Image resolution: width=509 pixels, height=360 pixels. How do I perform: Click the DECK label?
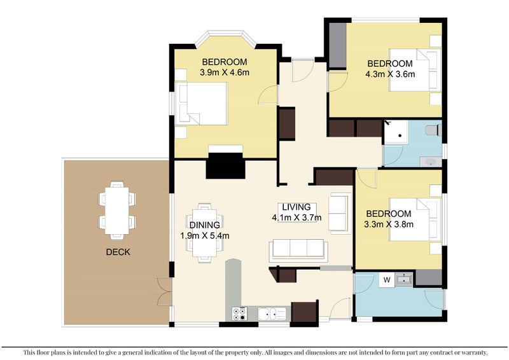click(118, 252)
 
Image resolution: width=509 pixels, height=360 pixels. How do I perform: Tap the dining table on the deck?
click(117, 211)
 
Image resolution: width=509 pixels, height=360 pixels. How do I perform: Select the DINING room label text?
click(204, 225)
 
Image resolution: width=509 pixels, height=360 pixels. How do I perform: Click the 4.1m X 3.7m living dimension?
click(296, 218)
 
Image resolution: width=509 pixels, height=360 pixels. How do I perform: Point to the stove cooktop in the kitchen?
click(240, 314)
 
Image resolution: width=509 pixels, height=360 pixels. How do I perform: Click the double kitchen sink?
click(272, 314)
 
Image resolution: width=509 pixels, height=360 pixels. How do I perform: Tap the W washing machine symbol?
click(387, 280)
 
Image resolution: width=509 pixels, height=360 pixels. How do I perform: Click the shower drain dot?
click(400, 135)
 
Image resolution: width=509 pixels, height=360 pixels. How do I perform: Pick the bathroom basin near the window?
click(431, 162)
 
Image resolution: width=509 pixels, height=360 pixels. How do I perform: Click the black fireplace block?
click(225, 165)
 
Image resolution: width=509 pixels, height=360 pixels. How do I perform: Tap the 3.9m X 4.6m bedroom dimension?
click(225, 73)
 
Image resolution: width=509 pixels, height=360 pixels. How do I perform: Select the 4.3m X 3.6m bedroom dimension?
click(390, 74)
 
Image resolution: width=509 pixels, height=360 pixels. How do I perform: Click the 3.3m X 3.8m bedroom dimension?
click(389, 225)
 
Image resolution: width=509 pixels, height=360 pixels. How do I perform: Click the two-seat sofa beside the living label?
click(340, 213)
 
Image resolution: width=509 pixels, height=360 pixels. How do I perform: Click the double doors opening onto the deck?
click(164, 292)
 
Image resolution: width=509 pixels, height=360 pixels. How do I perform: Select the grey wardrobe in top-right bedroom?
click(338, 45)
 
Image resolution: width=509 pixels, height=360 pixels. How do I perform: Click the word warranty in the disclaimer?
click(475, 352)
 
